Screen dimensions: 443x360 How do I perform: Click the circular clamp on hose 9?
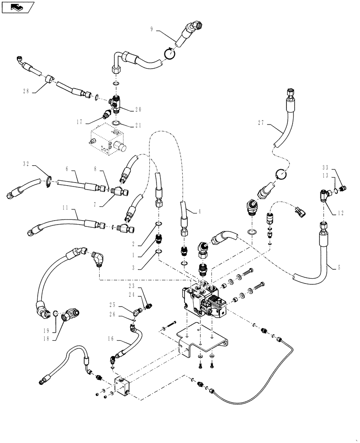pyautogui.click(x=170, y=53)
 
